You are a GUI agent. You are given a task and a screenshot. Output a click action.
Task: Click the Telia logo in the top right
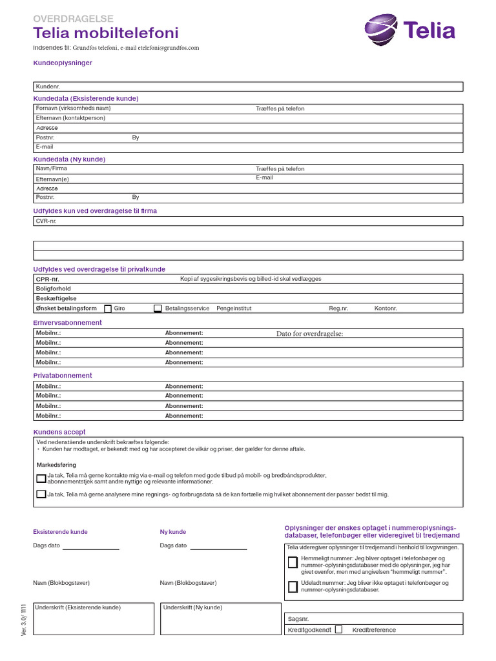(x=409, y=30)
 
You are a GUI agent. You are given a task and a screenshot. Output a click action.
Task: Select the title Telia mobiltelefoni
(x=106, y=34)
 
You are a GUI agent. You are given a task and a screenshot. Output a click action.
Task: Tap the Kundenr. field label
(x=47, y=86)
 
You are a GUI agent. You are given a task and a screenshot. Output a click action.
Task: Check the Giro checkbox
(x=108, y=309)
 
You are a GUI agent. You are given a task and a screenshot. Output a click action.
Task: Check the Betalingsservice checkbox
(x=158, y=309)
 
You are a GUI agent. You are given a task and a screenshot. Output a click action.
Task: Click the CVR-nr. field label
(x=46, y=221)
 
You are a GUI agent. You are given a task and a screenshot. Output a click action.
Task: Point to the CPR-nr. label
(x=48, y=279)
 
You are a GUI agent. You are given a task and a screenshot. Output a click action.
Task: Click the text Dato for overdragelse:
(x=309, y=333)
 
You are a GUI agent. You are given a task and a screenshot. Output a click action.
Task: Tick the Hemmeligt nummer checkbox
(x=293, y=562)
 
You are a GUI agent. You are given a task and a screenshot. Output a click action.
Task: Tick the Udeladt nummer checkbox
(x=293, y=587)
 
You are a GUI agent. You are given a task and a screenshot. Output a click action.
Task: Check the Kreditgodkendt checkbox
(x=338, y=629)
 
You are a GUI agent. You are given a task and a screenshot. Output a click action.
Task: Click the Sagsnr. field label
(x=298, y=619)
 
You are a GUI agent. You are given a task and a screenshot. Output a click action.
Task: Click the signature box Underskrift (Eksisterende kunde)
(x=93, y=618)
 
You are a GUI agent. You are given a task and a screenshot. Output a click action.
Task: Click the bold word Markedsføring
(x=56, y=465)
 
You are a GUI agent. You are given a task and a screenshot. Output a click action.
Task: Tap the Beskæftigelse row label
(x=56, y=299)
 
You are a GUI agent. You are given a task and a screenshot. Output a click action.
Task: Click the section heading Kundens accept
(x=59, y=432)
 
